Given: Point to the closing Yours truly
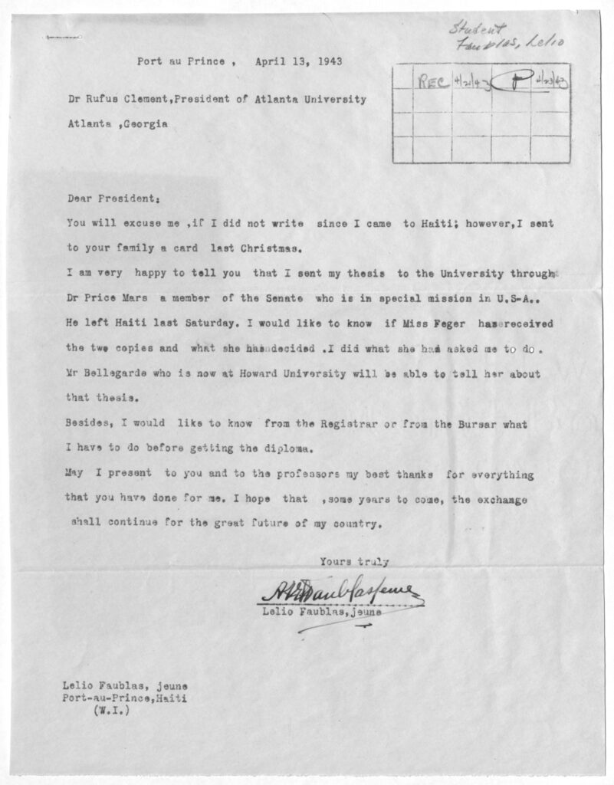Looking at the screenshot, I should point(354,561).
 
